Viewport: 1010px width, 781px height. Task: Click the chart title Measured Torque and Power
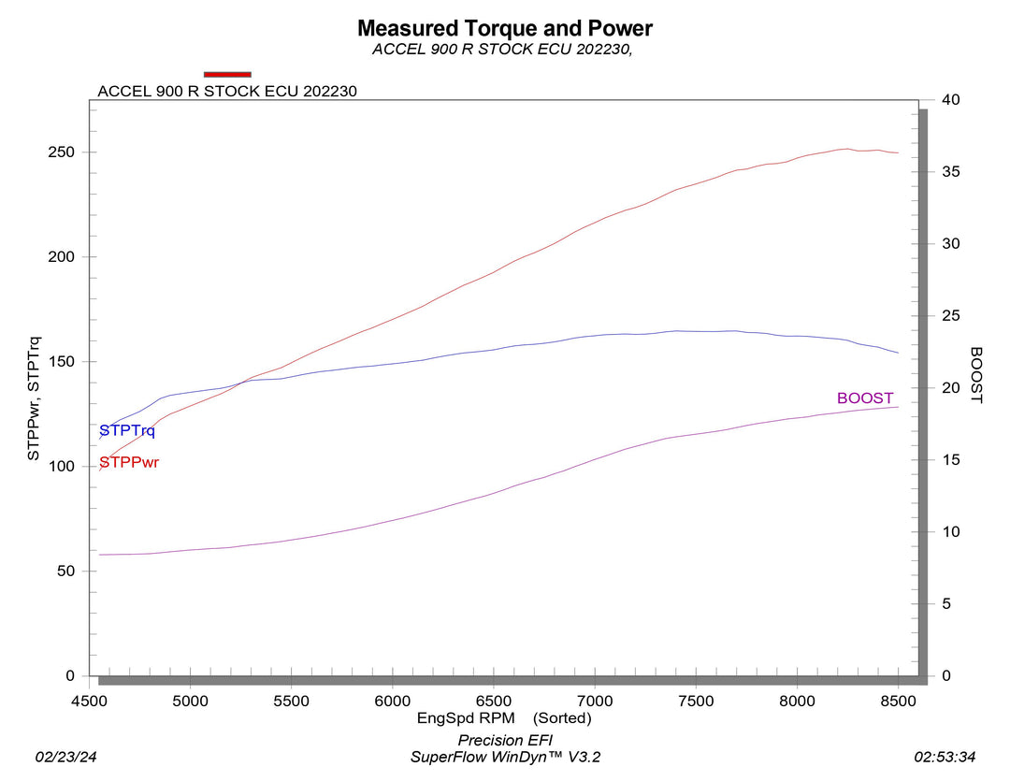click(504, 28)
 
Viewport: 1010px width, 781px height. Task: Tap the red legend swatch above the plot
click(227, 74)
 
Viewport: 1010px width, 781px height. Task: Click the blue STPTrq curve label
click(127, 431)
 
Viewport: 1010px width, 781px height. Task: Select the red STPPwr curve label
click(129, 462)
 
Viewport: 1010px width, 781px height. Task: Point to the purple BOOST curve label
click(865, 398)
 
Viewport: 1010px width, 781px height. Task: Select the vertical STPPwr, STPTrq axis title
click(34, 398)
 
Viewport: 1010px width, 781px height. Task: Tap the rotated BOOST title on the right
click(975, 375)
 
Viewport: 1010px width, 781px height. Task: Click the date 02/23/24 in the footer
click(65, 756)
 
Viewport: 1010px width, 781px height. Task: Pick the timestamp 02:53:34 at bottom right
click(945, 756)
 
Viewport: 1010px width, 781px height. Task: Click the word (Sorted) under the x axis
click(563, 718)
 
